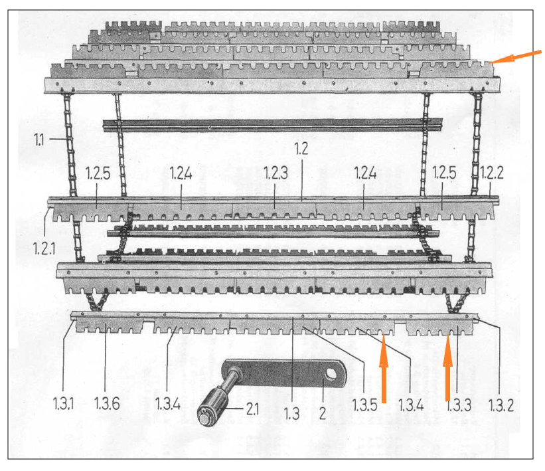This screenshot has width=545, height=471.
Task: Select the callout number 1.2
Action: point(301,149)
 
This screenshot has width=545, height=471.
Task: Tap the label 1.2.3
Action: point(275,173)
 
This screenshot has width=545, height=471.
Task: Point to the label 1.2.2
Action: point(491,173)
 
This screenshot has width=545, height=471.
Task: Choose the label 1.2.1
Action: point(44,248)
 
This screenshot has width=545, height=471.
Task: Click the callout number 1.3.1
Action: point(63,403)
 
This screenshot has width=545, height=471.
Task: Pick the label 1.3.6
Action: point(107,403)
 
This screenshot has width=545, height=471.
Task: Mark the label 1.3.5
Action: point(364,405)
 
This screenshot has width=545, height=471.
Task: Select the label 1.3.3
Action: point(459,405)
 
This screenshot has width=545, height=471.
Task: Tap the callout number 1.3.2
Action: point(501,405)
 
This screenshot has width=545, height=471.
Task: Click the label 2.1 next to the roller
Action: point(252,409)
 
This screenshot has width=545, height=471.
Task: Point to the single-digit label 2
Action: point(323,413)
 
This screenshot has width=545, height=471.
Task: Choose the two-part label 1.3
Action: point(291,414)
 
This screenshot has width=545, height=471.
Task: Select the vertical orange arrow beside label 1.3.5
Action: point(384,371)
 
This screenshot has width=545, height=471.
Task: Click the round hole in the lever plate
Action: point(330,375)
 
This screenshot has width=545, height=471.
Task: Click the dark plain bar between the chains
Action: point(272,126)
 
